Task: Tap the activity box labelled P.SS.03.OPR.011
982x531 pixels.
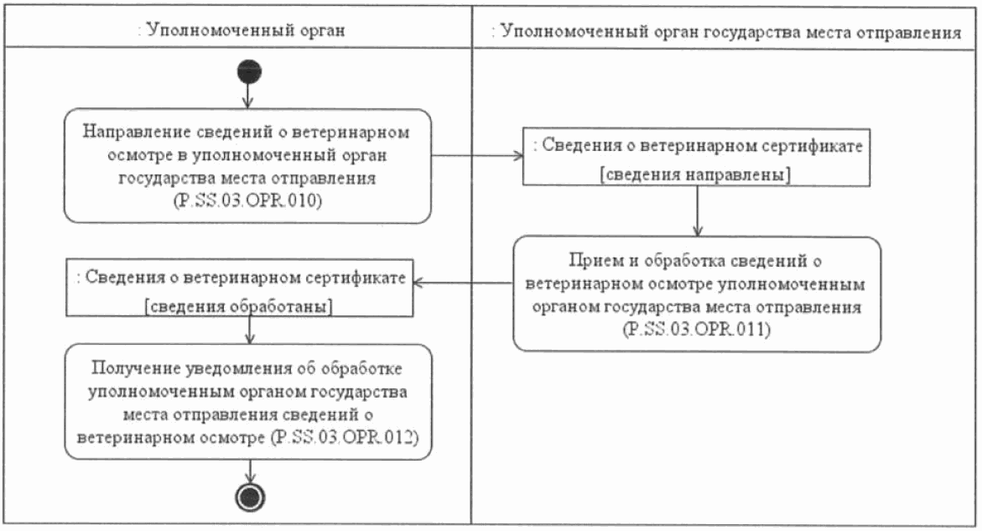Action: pos(697,294)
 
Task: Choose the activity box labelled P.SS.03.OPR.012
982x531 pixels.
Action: pos(248,402)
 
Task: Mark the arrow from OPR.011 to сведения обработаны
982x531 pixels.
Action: pos(465,284)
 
